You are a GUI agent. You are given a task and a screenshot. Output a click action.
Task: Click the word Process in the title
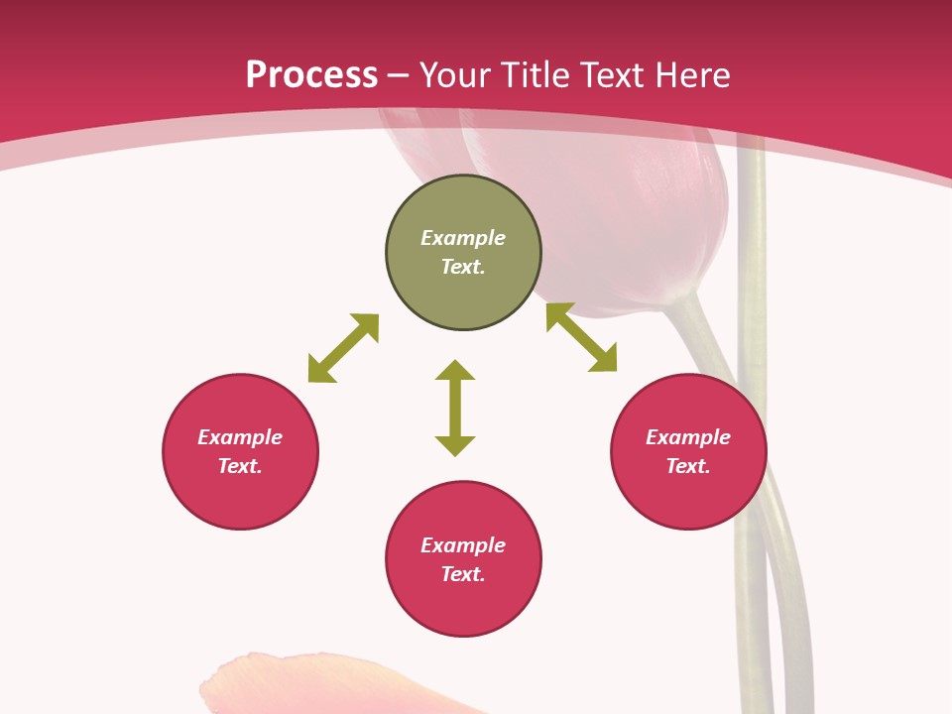tap(311, 75)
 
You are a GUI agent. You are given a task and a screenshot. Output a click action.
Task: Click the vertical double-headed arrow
tap(455, 408)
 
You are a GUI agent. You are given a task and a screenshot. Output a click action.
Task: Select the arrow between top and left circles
tap(343, 348)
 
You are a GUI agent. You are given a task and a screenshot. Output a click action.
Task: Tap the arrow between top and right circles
tap(582, 338)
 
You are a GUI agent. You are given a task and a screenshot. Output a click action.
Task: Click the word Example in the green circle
tap(463, 238)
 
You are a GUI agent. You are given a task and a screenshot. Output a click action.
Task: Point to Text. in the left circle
tap(240, 466)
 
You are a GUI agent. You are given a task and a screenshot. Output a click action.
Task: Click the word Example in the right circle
tap(688, 437)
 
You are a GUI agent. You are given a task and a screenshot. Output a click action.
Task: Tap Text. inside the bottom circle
tap(463, 574)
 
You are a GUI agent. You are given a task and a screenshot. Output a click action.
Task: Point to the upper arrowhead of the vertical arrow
tap(455, 371)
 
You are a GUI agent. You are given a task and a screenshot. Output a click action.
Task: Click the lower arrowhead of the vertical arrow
tap(455, 445)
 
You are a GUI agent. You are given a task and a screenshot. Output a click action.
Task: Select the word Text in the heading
tap(608, 75)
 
